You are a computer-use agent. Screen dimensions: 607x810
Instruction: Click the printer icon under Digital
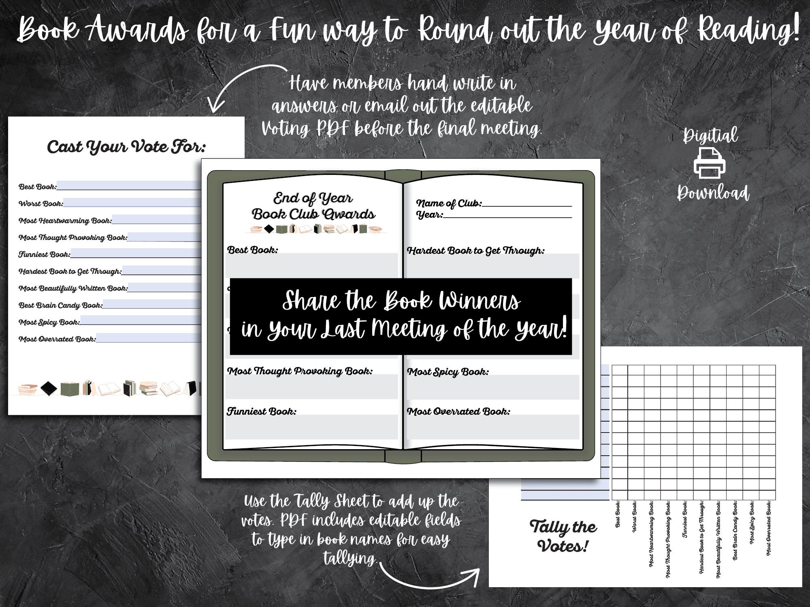709,163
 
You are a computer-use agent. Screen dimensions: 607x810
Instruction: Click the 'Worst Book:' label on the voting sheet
40,204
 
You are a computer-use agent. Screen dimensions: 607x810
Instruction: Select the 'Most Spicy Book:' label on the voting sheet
49,323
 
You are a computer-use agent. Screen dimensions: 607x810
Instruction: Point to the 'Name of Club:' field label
449,203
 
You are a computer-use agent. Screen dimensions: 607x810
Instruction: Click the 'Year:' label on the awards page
430,215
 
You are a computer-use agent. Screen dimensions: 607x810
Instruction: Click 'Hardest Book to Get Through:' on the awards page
475,251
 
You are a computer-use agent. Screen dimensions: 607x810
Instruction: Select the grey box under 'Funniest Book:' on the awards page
311,427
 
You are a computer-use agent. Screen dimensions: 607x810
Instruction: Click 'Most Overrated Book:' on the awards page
458,412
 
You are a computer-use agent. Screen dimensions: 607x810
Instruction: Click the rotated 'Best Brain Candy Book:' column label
735,530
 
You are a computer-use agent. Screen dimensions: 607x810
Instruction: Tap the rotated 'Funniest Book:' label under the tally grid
685,519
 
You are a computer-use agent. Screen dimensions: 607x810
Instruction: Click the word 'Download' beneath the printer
713,193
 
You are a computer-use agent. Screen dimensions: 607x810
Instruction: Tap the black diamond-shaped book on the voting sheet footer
49,388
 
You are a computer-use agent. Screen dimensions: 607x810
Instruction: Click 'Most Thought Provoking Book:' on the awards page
300,371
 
